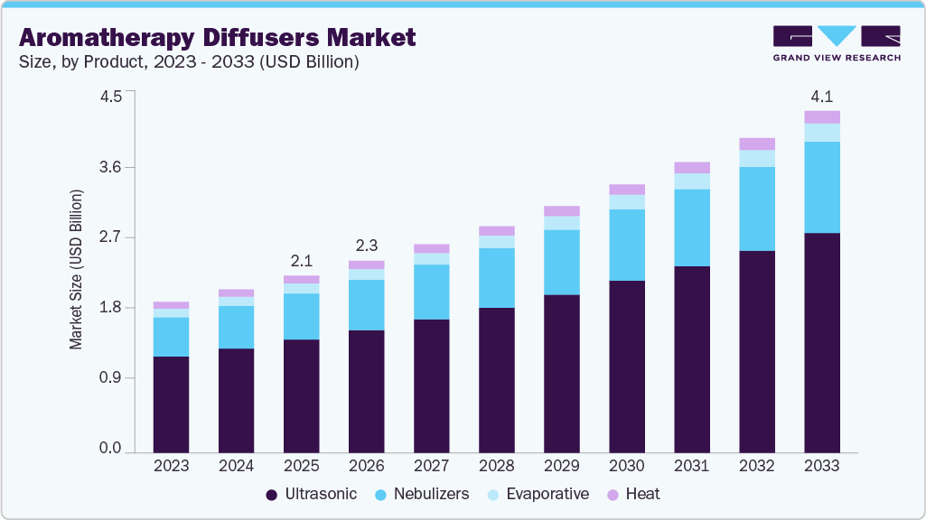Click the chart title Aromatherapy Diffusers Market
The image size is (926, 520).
(x=217, y=37)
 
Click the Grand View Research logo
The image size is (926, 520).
(x=836, y=43)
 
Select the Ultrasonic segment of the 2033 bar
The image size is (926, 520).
(x=822, y=342)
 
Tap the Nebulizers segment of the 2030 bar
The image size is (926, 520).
(x=627, y=245)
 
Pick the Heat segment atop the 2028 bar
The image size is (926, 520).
(x=496, y=231)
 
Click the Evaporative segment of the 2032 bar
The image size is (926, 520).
(x=757, y=158)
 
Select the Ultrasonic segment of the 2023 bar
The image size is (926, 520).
(x=171, y=404)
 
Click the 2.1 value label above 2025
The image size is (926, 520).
(x=301, y=261)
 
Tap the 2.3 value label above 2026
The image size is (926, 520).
(x=366, y=246)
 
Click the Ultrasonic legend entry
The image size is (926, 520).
(x=313, y=494)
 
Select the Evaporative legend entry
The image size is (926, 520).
(x=538, y=494)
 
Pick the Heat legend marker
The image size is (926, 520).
(x=613, y=495)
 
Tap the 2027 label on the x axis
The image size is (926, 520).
(x=431, y=466)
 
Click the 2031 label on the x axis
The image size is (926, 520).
(x=692, y=466)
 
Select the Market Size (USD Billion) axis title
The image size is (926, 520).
(x=77, y=270)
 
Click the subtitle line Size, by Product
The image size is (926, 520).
(x=190, y=62)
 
